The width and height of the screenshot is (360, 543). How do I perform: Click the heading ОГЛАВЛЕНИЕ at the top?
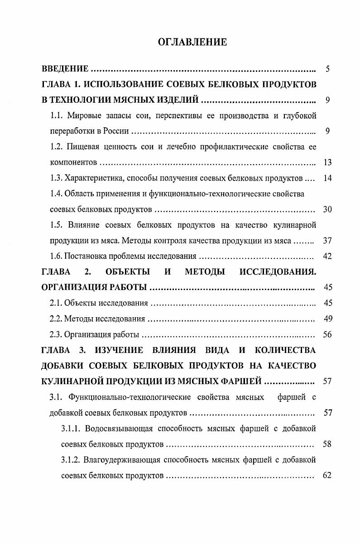192,43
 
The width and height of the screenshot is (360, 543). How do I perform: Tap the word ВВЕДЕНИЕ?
65,69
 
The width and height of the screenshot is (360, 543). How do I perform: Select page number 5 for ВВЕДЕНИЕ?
327,69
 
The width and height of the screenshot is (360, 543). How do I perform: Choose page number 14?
328,178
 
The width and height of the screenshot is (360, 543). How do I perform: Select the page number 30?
328,209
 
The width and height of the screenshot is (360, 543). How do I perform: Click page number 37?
328,240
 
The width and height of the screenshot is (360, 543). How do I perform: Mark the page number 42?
328,256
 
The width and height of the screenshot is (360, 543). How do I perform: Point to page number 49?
328,319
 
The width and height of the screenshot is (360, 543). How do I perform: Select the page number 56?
328,334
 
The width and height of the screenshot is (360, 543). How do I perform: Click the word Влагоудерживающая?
123,460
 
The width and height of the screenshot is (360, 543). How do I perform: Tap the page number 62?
328,475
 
